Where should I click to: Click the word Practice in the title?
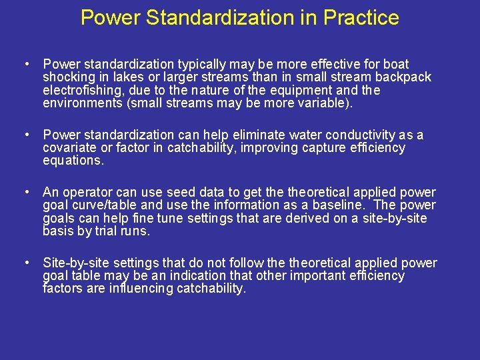(x=361, y=17)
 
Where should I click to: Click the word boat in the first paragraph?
(x=396, y=65)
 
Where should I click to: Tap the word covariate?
(x=70, y=148)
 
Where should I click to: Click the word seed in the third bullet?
(x=181, y=193)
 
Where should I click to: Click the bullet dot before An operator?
(x=25, y=193)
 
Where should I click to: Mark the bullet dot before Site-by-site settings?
(x=25, y=263)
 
